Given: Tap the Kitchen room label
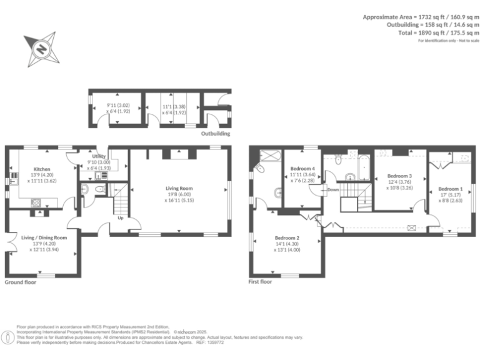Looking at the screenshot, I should pos(42,169).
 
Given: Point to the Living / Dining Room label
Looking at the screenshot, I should pos(44,237).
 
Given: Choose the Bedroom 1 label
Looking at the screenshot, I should pos(450,189).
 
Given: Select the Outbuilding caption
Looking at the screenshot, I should pos(215,134).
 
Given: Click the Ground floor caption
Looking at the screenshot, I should pos(21,282).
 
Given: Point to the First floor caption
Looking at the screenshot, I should pos(261,282).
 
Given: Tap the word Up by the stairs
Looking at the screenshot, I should pos(120,219).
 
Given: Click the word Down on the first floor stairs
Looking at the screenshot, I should pos(333,189).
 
